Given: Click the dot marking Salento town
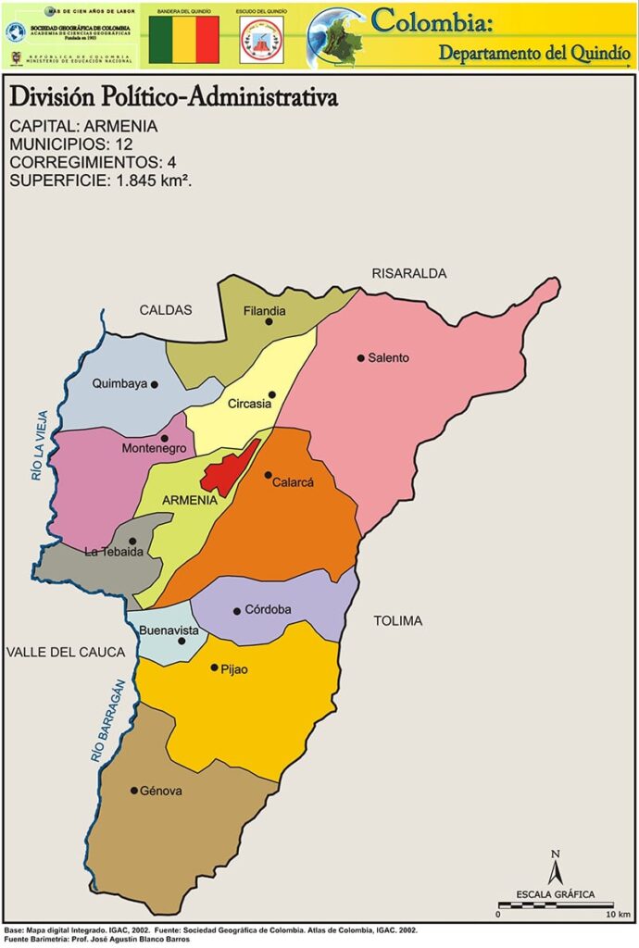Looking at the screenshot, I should coord(361,357).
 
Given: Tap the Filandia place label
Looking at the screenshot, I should coord(264,311).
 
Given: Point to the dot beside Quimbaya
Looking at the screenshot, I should coord(155,384).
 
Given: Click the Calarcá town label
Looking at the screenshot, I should coord(294,482).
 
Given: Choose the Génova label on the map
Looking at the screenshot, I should coord(161,791).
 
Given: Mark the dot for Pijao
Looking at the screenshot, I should coord(214,667).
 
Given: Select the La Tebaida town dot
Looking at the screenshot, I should coord(132,541).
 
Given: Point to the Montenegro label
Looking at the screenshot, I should coord(154,449).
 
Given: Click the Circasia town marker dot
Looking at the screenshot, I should coord(271,394).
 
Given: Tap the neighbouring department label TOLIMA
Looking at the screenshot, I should coord(398,620).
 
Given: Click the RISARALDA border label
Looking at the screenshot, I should coord(408,273).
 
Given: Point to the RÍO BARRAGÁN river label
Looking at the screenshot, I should coord(106,721).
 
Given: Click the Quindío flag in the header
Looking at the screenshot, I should coord(184,39).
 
